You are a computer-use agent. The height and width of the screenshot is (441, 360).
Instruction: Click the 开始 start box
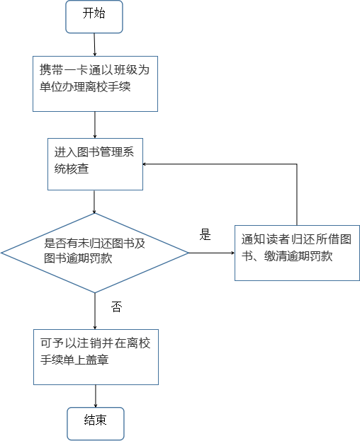pyautogui.click(x=94, y=17)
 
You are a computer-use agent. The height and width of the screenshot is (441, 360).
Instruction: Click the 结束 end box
pyautogui.click(x=96, y=423)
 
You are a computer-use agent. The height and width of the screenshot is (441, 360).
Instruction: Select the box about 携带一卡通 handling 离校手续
pyautogui.click(x=95, y=84)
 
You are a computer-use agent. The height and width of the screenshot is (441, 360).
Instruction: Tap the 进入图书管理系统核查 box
pyautogui.click(x=95, y=164)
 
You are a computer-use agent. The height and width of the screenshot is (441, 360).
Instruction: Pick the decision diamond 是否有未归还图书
pyautogui.click(x=95, y=253)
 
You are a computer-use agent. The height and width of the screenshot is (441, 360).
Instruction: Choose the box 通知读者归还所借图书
pyautogui.click(x=297, y=253)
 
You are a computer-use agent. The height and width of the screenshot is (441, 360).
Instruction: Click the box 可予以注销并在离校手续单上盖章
pyautogui.click(x=96, y=357)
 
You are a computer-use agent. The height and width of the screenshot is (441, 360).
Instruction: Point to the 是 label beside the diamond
pyautogui.click(x=206, y=234)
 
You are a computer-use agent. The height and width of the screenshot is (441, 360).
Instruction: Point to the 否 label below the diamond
pyautogui.click(x=116, y=307)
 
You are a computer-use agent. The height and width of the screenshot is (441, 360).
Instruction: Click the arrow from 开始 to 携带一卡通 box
pyautogui.click(x=94, y=45)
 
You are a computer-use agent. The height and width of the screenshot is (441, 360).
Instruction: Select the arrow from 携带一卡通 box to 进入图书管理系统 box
pyautogui.click(x=95, y=125)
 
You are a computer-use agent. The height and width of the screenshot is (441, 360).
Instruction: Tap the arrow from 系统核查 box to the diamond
pyautogui.click(x=94, y=202)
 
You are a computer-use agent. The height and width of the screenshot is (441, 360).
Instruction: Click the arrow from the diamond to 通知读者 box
pyautogui.click(x=212, y=253)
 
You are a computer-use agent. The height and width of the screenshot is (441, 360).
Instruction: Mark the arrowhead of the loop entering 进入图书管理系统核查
pyautogui.click(x=144, y=164)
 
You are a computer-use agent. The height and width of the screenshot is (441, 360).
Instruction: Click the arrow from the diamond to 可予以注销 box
pyautogui.click(x=95, y=311)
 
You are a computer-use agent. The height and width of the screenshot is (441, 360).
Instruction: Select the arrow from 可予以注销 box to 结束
pyautogui.click(x=96, y=396)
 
